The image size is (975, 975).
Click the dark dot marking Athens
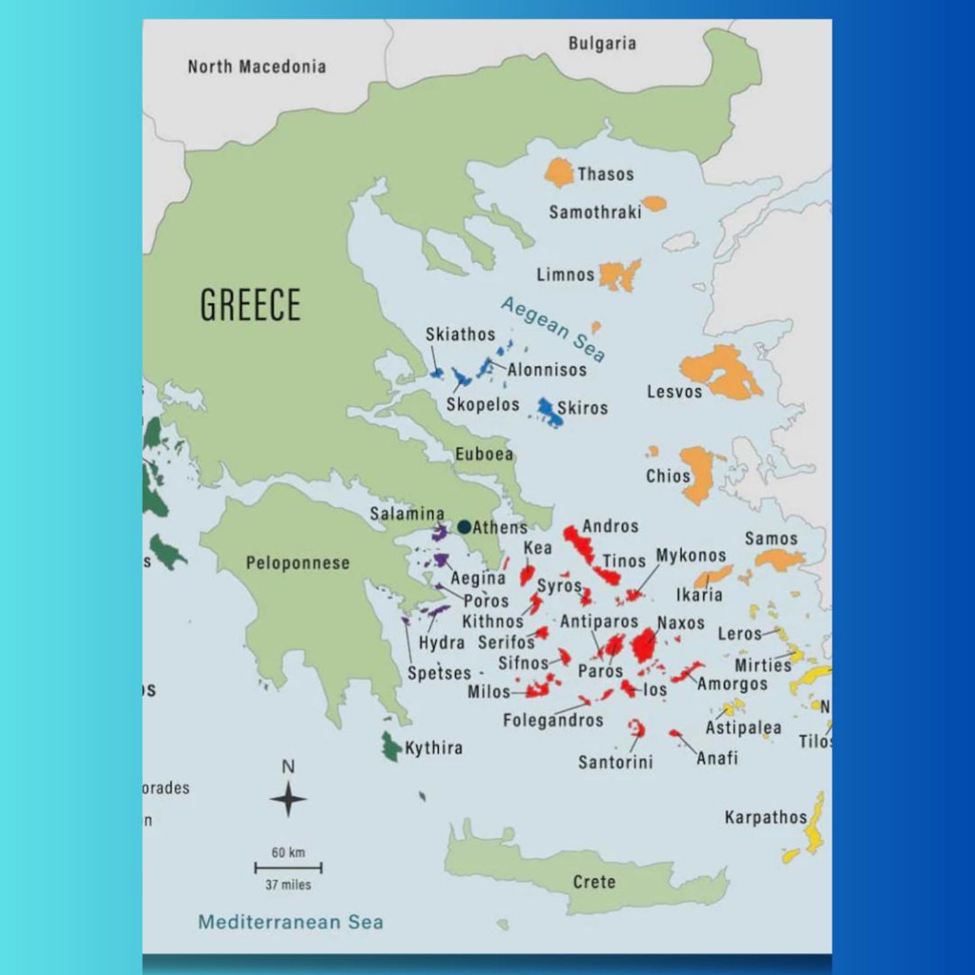coord(464,527)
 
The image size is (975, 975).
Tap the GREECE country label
coord(251,305)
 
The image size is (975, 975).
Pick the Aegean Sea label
coord(553,328)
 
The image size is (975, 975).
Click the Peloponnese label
coord(298,563)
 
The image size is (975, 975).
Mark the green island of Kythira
coord(389,747)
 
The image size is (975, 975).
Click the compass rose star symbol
coord(288,799)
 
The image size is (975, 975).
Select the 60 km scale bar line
coord(288,868)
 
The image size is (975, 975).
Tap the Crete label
coord(594,882)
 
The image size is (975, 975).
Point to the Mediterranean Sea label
coord(290,922)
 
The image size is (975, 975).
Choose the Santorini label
coord(615,763)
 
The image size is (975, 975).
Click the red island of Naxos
coord(644,645)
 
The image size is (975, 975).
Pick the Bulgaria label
coord(602,44)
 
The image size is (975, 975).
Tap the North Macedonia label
coord(257,66)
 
